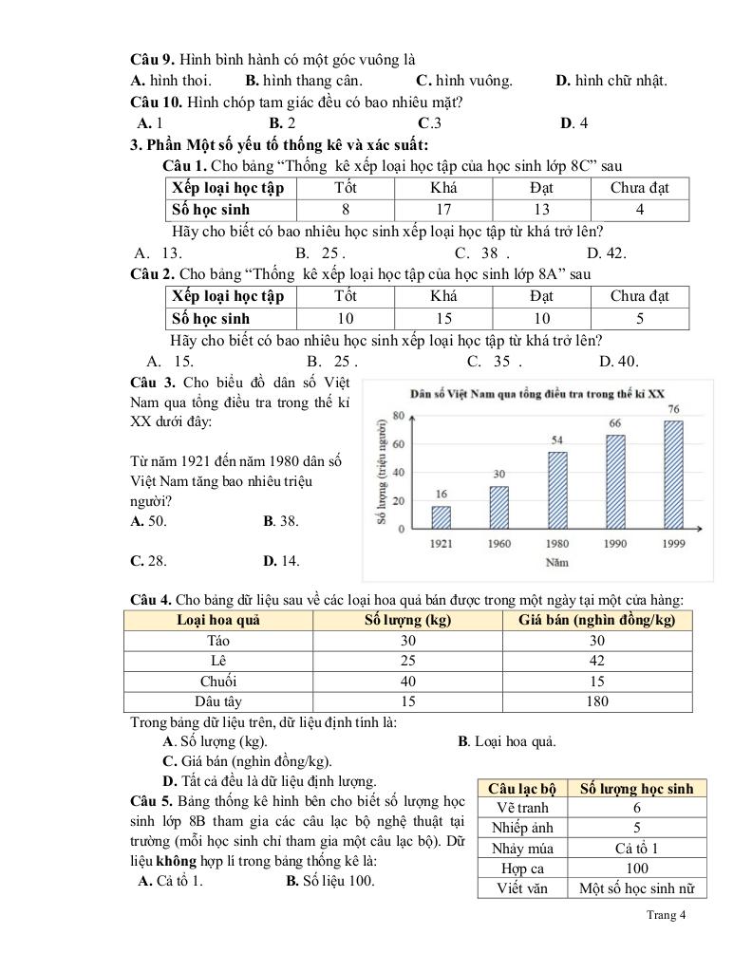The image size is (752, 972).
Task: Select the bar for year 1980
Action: tap(557, 490)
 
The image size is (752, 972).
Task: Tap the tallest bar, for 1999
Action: tap(673, 473)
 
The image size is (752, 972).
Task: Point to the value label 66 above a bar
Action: tap(615, 422)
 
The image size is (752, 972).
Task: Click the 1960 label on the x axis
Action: tap(498, 543)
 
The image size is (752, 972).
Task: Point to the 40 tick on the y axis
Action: tap(399, 472)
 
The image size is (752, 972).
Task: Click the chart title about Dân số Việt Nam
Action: tap(537, 393)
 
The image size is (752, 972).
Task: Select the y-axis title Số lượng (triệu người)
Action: tap(382, 472)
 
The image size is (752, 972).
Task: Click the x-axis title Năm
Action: tap(556, 562)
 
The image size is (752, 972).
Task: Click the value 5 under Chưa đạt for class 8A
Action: tap(640, 318)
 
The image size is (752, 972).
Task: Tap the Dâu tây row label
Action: tap(219, 701)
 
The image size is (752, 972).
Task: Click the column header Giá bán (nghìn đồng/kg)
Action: tap(597, 620)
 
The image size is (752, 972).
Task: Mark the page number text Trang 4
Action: tap(665, 915)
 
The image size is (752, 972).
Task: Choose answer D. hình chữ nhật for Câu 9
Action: tap(611, 80)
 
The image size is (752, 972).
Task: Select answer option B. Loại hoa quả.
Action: tap(507, 741)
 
